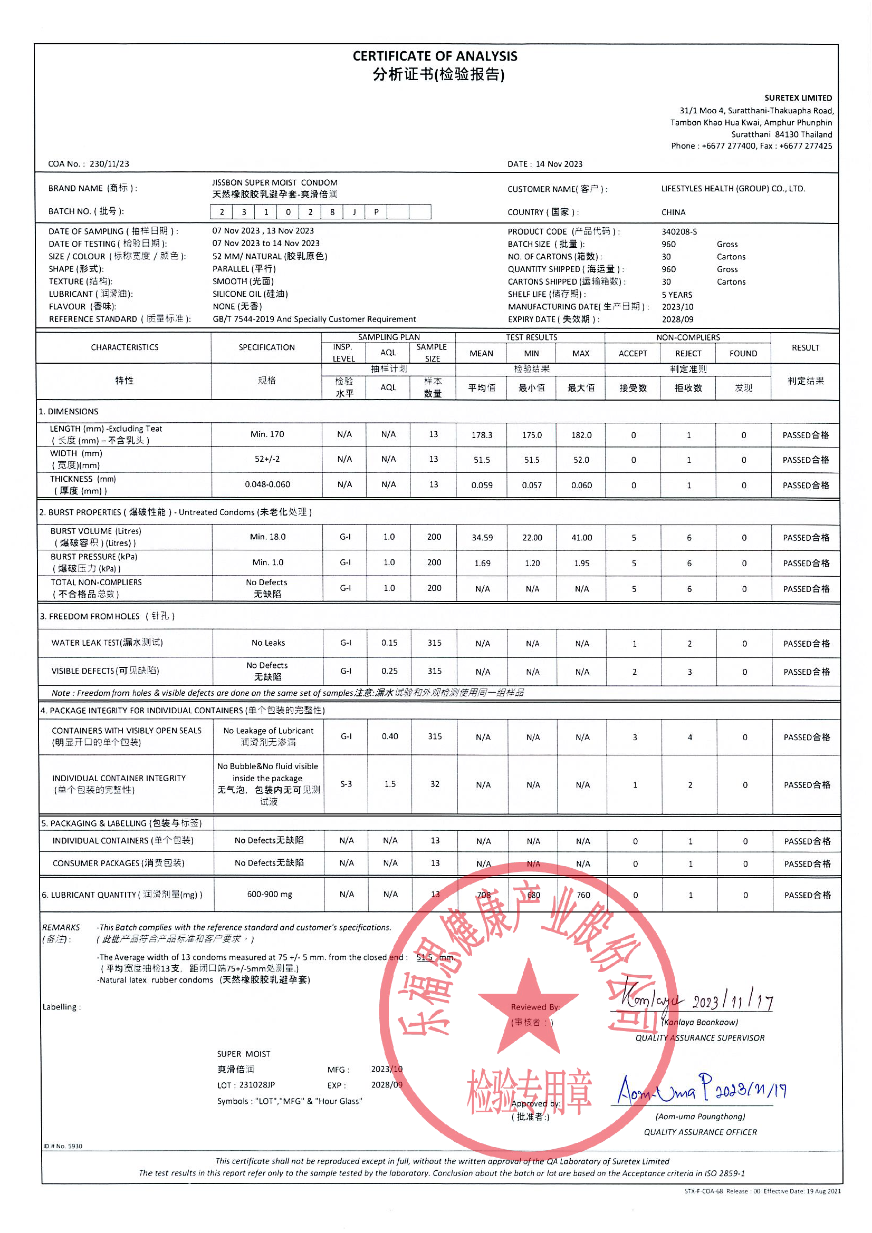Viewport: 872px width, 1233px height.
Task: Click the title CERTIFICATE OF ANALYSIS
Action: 435,56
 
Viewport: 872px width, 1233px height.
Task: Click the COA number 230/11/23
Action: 109,164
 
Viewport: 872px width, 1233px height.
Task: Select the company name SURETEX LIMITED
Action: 798,98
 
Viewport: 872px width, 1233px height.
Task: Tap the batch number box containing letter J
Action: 354,212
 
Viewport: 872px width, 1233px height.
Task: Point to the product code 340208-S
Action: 679,231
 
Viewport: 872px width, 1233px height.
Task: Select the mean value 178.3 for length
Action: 482,435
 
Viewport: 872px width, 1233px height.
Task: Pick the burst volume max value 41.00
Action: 581,538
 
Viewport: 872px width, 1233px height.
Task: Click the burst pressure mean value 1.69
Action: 482,564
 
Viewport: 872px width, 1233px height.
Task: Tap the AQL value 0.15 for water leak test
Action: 389,643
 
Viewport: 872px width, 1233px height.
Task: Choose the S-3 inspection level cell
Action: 346,784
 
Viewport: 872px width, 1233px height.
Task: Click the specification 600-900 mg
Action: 269,894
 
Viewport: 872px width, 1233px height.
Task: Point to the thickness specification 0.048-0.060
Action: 267,484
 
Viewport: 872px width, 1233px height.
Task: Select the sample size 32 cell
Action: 435,784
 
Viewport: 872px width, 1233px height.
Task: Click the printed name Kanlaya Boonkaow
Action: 700,1022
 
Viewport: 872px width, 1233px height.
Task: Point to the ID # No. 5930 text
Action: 63,1146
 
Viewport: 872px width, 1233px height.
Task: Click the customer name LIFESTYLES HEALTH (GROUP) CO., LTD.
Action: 733,189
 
